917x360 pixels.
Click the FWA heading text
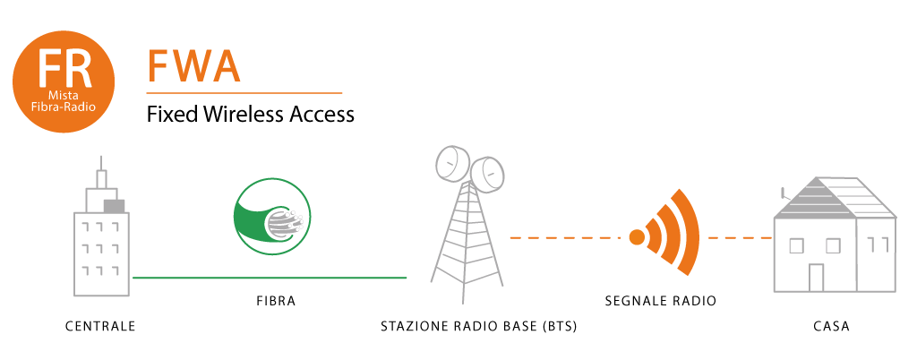pyautogui.click(x=193, y=67)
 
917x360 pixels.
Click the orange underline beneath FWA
pyautogui.click(x=244, y=92)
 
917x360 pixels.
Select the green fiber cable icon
pyautogui.click(x=271, y=216)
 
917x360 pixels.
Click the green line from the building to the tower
pyautogui.click(x=269, y=278)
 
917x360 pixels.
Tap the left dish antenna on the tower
pyautogui.click(x=452, y=163)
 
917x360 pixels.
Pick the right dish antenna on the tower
pyautogui.click(x=488, y=174)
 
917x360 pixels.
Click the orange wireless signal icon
pyautogui.click(x=664, y=238)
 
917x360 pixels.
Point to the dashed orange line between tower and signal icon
pyautogui.click(x=564, y=237)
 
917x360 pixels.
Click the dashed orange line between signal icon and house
pyautogui.click(x=741, y=237)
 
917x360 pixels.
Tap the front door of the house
pyautogui.click(x=816, y=277)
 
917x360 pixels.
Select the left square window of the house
pyautogui.click(x=794, y=245)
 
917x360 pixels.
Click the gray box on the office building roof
pyautogui.click(x=114, y=206)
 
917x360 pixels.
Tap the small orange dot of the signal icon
pyautogui.click(x=638, y=237)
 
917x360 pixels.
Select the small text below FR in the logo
pyautogui.click(x=64, y=102)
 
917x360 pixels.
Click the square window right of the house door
pyautogui.click(x=833, y=245)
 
